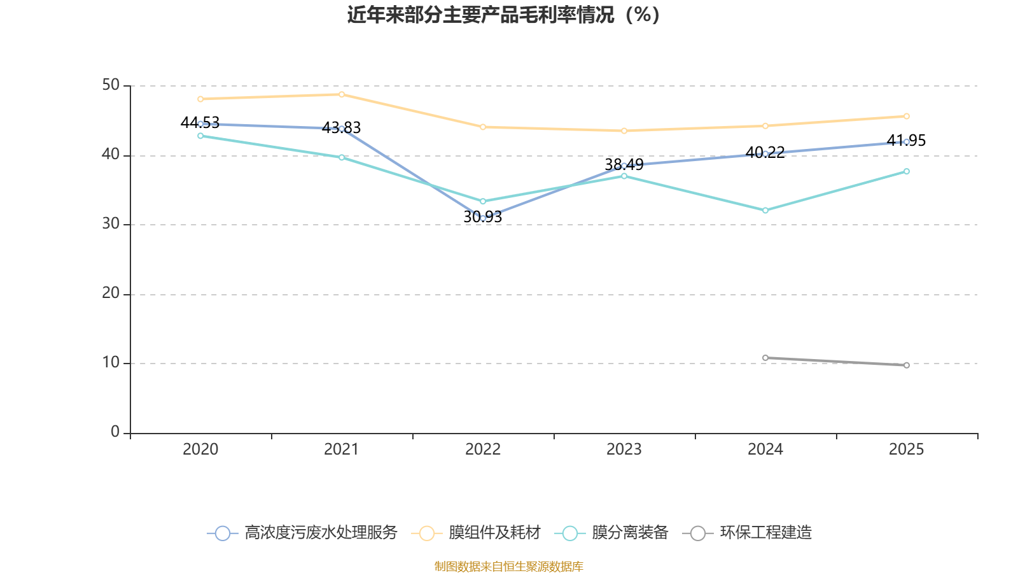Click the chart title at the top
[x=503, y=15]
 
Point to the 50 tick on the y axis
[x=111, y=85]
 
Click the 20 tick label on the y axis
[x=111, y=294]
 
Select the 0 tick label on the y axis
[x=115, y=432]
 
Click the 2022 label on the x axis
[x=483, y=449]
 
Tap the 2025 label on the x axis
[x=906, y=449]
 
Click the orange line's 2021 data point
[x=342, y=94]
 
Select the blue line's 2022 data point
[x=483, y=218]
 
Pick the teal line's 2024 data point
[x=765, y=210]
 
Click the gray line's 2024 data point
[x=765, y=358]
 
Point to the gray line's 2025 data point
[x=907, y=365]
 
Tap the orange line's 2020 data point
[x=200, y=99]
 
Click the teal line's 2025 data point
[x=907, y=171]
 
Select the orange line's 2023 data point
[x=624, y=131]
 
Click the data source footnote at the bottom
[x=508, y=567]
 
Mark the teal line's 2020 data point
[x=200, y=136]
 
